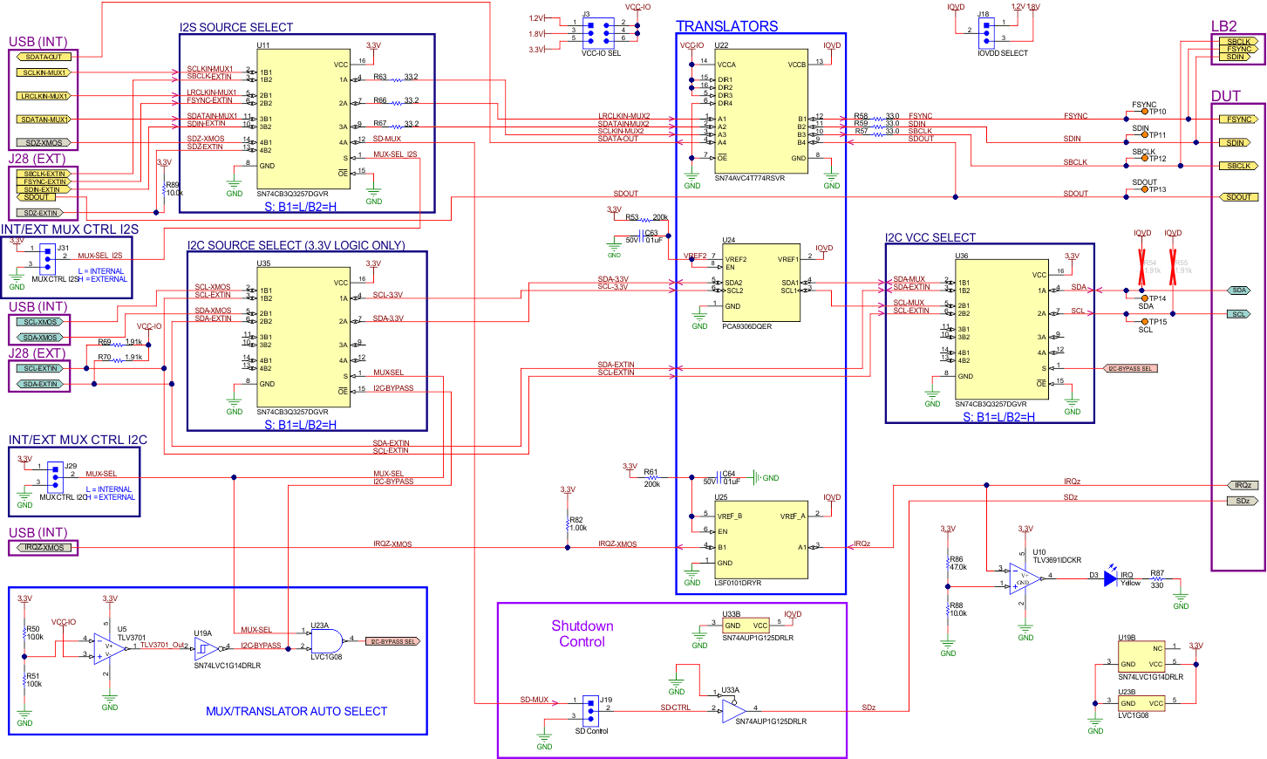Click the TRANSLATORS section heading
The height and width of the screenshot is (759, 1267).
[x=726, y=26]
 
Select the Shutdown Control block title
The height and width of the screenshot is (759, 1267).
[x=582, y=633]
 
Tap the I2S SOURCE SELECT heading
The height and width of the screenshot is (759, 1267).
[x=236, y=27]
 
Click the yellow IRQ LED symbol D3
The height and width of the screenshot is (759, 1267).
[x=1110, y=578]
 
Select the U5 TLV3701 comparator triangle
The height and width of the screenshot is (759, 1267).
[x=109, y=647]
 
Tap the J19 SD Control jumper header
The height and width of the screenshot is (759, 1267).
[x=590, y=708]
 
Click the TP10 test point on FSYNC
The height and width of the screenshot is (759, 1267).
[x=1145, y=113]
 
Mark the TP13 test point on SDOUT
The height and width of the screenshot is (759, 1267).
[x=1145, y=189]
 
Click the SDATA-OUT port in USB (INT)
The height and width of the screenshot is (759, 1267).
[x=43, y=57]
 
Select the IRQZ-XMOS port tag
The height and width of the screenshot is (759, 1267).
[x=44, y=548]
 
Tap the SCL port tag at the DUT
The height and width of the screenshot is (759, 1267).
[x=1238, y=314]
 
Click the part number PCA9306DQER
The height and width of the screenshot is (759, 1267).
[x=746, y=326]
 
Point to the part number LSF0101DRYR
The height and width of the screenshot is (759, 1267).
[x=738, y=583]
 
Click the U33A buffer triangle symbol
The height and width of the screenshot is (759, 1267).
[x=733, y=712]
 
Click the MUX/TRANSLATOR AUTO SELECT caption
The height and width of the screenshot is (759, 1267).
[x=296, y=712]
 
